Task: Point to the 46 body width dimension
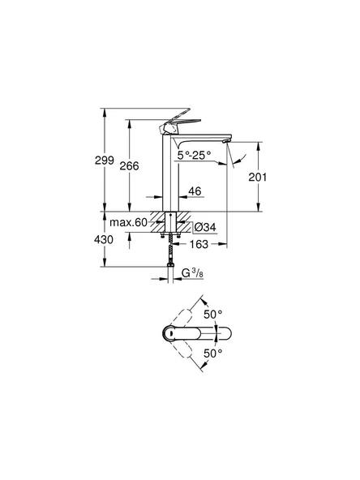coord(194,193)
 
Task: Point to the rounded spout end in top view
coord(225,333)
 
